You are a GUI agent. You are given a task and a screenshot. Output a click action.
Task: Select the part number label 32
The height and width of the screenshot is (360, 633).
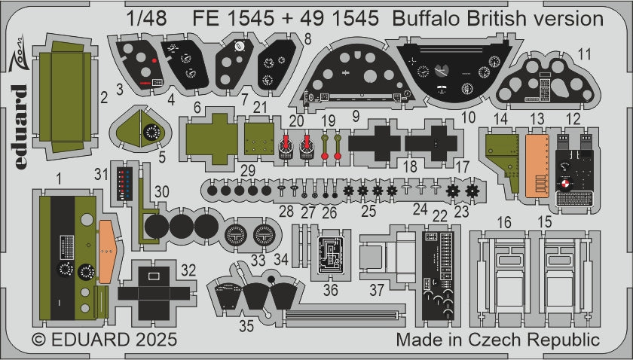pos(189,270)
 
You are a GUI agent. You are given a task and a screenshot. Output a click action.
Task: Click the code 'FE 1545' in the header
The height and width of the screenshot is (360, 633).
pos(237,19)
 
